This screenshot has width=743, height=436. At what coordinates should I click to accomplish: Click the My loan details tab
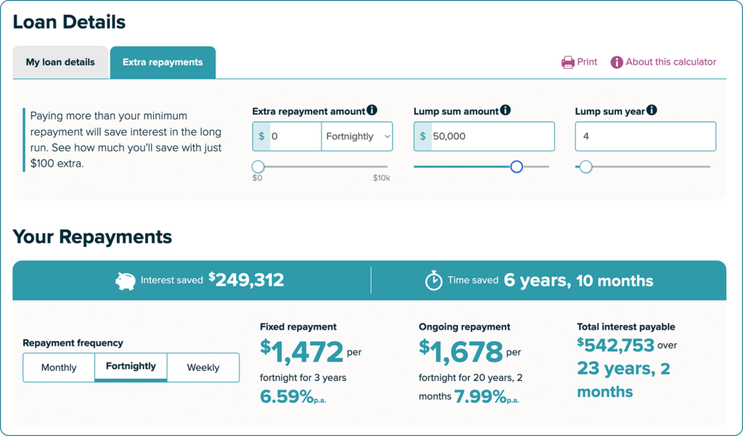click(61, 62)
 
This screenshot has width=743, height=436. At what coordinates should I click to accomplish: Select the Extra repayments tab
click(163, 62)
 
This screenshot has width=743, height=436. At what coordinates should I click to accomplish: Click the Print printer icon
click(567, 62)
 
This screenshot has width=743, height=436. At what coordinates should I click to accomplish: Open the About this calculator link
click(663, 62)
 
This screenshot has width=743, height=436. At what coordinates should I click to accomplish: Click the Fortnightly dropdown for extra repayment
click(357, 136)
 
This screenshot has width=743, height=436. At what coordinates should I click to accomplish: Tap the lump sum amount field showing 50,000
click(493, 136)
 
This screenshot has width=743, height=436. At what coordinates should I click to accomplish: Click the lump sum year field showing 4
click(645, 136)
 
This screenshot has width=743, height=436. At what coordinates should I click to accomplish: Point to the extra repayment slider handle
click(258, 167)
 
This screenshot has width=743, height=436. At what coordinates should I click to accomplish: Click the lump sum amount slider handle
click(517, 167)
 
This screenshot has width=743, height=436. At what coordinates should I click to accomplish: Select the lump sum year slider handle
click(586, 167)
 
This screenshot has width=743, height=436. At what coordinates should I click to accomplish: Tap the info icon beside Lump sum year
click(652, 110)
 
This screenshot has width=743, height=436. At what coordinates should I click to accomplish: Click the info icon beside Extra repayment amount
click(372, 110)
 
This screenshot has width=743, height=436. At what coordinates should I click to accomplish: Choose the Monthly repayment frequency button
click(59, 367)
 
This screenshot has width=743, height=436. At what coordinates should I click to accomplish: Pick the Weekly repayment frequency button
click(203, 367)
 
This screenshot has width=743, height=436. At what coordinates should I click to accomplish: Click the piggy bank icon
click(125, 281)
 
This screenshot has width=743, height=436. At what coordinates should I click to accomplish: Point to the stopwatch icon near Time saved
click(434, 281)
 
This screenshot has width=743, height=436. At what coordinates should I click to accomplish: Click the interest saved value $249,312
click(247, 279)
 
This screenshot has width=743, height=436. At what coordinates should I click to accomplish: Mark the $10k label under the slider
click(382, 178)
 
